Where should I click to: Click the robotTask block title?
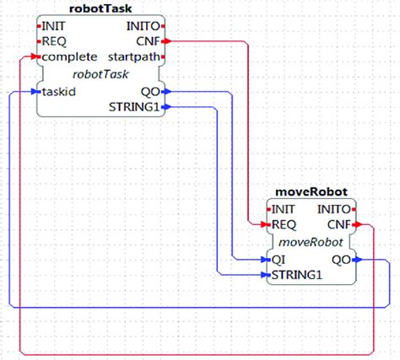coord(99,8)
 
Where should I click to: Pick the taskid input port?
coord(57,92)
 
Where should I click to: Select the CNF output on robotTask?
coord(146,40)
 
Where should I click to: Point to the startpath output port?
coord(132,56)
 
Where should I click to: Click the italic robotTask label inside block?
coord(100,74)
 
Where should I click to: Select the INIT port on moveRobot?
coord(284,209)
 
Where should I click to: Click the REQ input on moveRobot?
coord(284,225)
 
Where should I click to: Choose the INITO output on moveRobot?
coord(334,209)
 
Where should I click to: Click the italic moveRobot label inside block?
coord(311,242)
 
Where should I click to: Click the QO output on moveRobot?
coord(342,260)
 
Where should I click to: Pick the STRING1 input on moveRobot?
coord(296,275)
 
